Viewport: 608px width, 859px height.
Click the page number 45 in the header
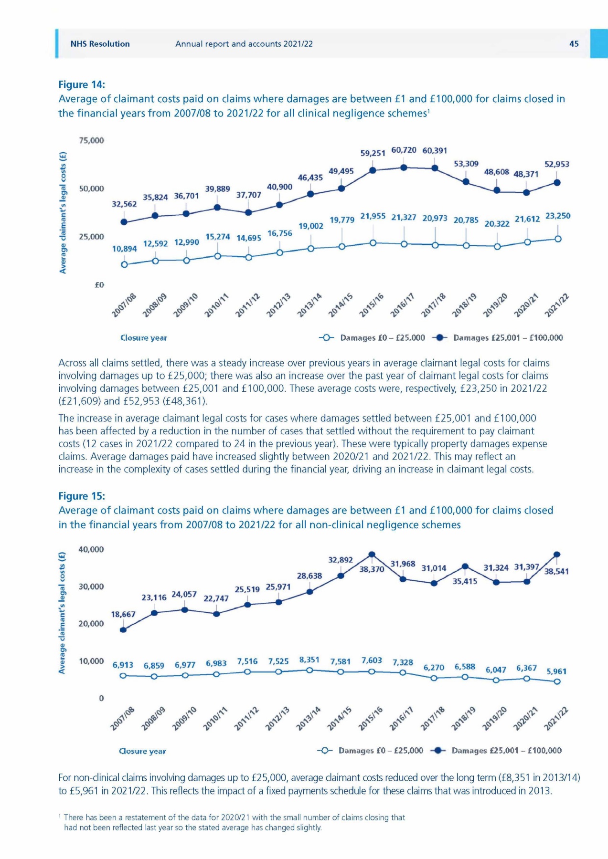pos(574,44)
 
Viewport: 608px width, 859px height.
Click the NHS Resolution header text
pos(100,44)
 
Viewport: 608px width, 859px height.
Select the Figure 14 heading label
pos(81,84)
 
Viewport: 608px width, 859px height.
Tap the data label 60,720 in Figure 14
pos(404,150)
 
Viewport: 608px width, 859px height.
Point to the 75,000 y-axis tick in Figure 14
pos(91,140)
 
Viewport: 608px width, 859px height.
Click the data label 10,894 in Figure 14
pos(124,249)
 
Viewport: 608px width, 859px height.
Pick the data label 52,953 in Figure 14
pos(557,164)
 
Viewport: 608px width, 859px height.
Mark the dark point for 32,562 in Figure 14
pos(124,222)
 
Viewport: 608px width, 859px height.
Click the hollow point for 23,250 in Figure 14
pos(558,239)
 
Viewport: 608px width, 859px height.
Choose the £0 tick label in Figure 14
pos(99,285)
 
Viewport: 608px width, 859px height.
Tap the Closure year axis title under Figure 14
pos(143,338)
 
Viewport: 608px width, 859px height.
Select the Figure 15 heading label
pos(81,496)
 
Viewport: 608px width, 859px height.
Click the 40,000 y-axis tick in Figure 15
pos(91,549)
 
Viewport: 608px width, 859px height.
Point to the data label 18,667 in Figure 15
pos(123,614)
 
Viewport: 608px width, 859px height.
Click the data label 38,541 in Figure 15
pos(556,571)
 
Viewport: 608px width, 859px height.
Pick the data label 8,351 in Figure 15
pos(309,660)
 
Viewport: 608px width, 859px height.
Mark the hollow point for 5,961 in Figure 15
pos(557,681)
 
